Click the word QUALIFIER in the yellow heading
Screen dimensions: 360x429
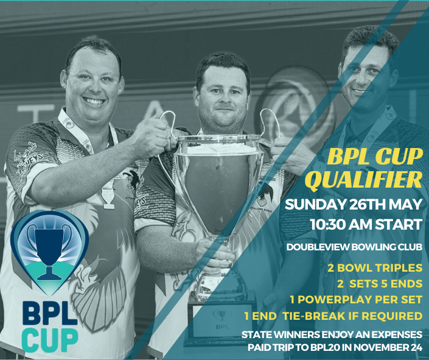[x=363, y=180]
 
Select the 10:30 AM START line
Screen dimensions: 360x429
[x=366, y=224]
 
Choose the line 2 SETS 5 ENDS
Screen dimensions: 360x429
[x=380, y=284]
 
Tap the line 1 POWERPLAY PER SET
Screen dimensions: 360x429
[x=359, y=300]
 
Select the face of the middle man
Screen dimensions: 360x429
[x=223, y=97]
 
